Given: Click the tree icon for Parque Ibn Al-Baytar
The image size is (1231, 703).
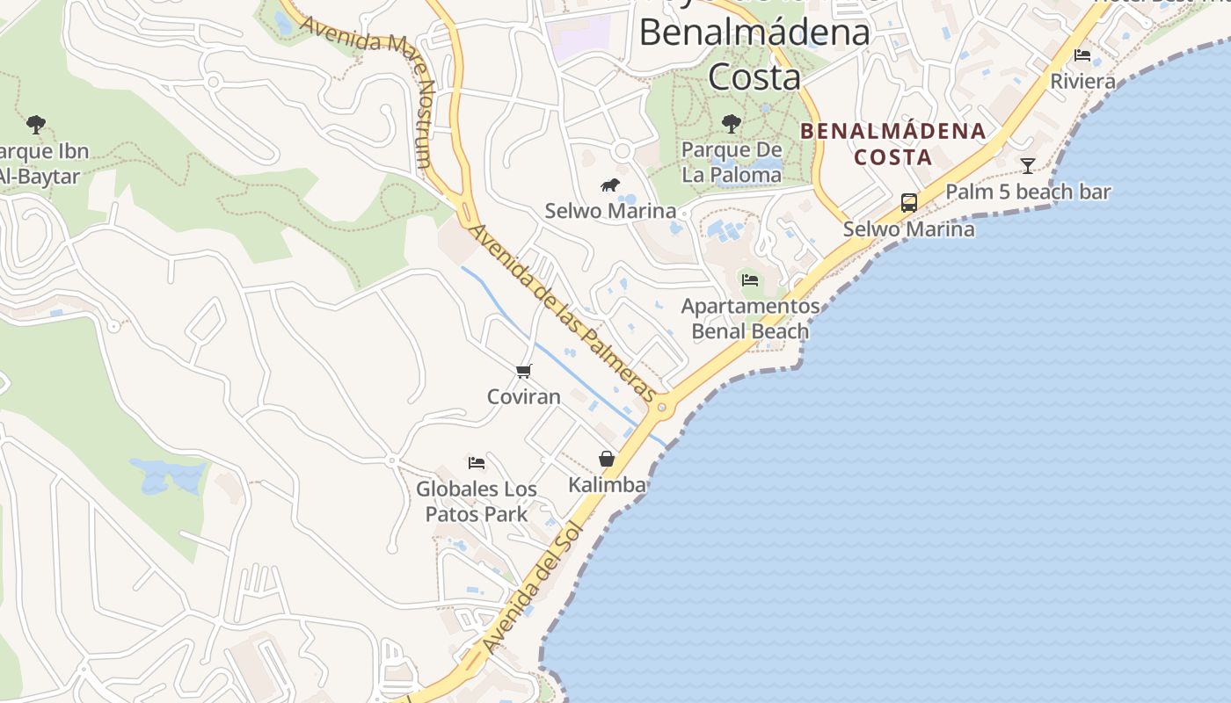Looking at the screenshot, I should tap(36, 124).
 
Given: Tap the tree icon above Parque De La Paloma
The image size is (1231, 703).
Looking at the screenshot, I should tap(731, 123).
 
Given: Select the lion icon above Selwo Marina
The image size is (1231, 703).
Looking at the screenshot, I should tap(609, 185).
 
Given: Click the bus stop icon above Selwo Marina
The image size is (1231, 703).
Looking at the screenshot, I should tap(909, 203).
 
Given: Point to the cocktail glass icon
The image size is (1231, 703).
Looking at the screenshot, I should tap(1027, 165).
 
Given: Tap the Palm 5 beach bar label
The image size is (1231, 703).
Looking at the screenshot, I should tap(1028, 192).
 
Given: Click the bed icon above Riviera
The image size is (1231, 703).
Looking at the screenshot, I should tap(1082, 55).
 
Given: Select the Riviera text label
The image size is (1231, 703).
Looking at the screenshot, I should tap(1083, 82).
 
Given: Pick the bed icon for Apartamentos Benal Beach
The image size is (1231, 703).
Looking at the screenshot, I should tap(750, 279).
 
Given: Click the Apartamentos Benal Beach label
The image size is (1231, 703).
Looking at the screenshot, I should tap(750, 319).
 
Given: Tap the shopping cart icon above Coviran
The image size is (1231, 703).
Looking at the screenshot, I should tap(524, 371).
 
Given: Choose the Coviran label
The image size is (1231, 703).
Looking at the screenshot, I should tap(524, 396).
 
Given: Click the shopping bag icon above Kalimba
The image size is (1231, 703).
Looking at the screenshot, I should tap(607, 459).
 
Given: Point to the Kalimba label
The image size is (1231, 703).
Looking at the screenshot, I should tap(607, 484).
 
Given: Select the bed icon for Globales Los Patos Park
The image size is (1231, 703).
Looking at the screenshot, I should tap(477, 462).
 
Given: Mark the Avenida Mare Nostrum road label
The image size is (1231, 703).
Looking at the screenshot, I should tap(378, 79).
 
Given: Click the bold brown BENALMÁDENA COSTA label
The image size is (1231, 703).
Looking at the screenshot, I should tap(893, 144).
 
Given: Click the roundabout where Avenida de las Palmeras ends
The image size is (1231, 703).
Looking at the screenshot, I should tap(662, 407).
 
